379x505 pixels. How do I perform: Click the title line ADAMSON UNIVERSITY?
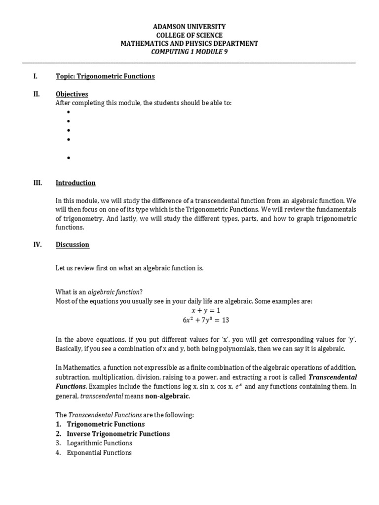point(189,26)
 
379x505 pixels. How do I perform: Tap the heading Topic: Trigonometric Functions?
point(105,76)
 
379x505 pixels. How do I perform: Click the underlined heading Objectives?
point(72,94)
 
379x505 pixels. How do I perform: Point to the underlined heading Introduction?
point(76,183)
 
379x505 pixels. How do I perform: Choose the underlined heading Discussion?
point(73,245)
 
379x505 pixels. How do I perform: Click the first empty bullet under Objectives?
point(68,112)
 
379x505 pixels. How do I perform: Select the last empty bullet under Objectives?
point(68,158)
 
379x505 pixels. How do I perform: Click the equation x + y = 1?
point(205,310)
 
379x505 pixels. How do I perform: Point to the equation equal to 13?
point(205,320)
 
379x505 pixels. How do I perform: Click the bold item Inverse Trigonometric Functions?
point(118,434)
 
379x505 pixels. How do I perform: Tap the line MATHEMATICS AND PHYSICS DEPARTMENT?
point(189,44)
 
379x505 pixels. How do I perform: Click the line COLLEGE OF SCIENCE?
point(189,35)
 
